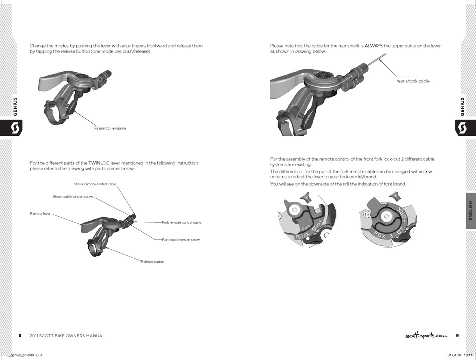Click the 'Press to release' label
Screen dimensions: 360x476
click(x=110, y=128)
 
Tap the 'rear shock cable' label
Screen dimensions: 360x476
click(x=413, y=81)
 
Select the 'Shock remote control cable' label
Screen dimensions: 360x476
click(x=95, y=184)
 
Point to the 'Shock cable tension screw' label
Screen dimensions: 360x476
click(x=73, y=196)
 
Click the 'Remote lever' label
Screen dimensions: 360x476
click(x=40, y=214)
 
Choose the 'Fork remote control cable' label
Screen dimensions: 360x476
click(x=182, y=222)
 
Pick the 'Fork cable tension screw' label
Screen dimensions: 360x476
click(x=181, y=240)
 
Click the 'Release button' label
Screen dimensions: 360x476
click(x=152, y=262)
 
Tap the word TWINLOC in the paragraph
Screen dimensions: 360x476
click(x=99, y=163)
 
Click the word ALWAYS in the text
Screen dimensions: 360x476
click(x=374, y=46)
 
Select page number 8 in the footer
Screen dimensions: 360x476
click(x=20, y=335)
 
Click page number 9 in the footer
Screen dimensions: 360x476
click(x=457, y=335)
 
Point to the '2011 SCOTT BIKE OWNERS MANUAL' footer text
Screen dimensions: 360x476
click(x=67, y=336)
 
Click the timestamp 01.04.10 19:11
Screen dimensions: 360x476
click(x=458, y=355)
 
